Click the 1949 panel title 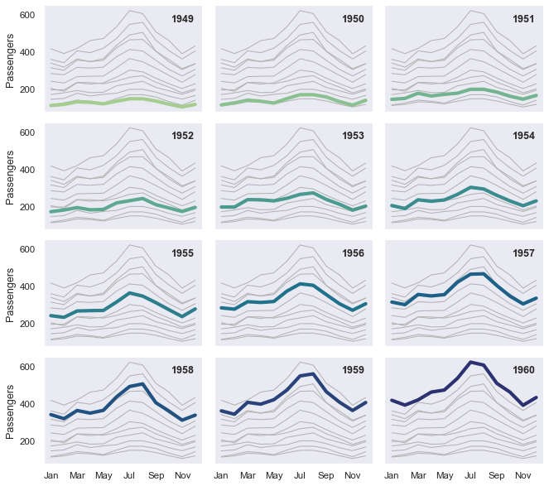pos(182,19)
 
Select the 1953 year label pos(353,137)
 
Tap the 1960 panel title pos(523,370)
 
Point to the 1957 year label pos(523,253)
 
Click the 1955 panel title pos(182,253)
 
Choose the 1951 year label pos(523,19)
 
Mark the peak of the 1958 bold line pos(143,384)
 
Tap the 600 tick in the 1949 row pos(26,16)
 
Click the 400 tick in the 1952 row pos(26,171)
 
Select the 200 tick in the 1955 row pos(26,324)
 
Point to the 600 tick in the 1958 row pos(26,367)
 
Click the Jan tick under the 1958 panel pos(51,476)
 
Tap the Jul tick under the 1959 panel pos(300,476)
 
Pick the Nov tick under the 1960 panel pos(523,476)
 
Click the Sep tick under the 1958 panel pos(157,476)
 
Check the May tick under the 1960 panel pos(444,476)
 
